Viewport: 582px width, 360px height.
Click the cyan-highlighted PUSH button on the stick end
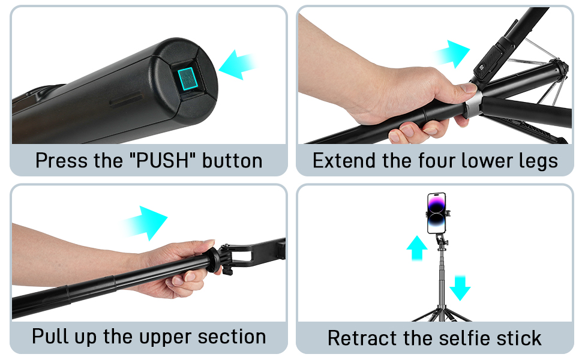click(188, 79)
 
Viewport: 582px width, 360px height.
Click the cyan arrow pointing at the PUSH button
click(237, 65)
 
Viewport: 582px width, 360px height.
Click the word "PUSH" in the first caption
click(163, 161)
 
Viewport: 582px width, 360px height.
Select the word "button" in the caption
click(232, 161)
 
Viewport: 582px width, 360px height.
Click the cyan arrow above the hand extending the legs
click(452, 54)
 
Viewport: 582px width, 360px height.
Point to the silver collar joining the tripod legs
click(473, 104)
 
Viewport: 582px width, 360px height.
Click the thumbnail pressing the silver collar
click(469, 88)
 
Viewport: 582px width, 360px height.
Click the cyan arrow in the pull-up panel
click(145, 223)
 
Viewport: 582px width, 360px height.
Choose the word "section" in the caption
click(232, 337)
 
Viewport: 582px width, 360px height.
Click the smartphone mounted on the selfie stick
click(437, 213)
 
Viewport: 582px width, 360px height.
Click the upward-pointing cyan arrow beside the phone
click(417, 248)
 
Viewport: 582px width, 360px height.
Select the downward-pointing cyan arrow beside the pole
click(460, 288)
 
